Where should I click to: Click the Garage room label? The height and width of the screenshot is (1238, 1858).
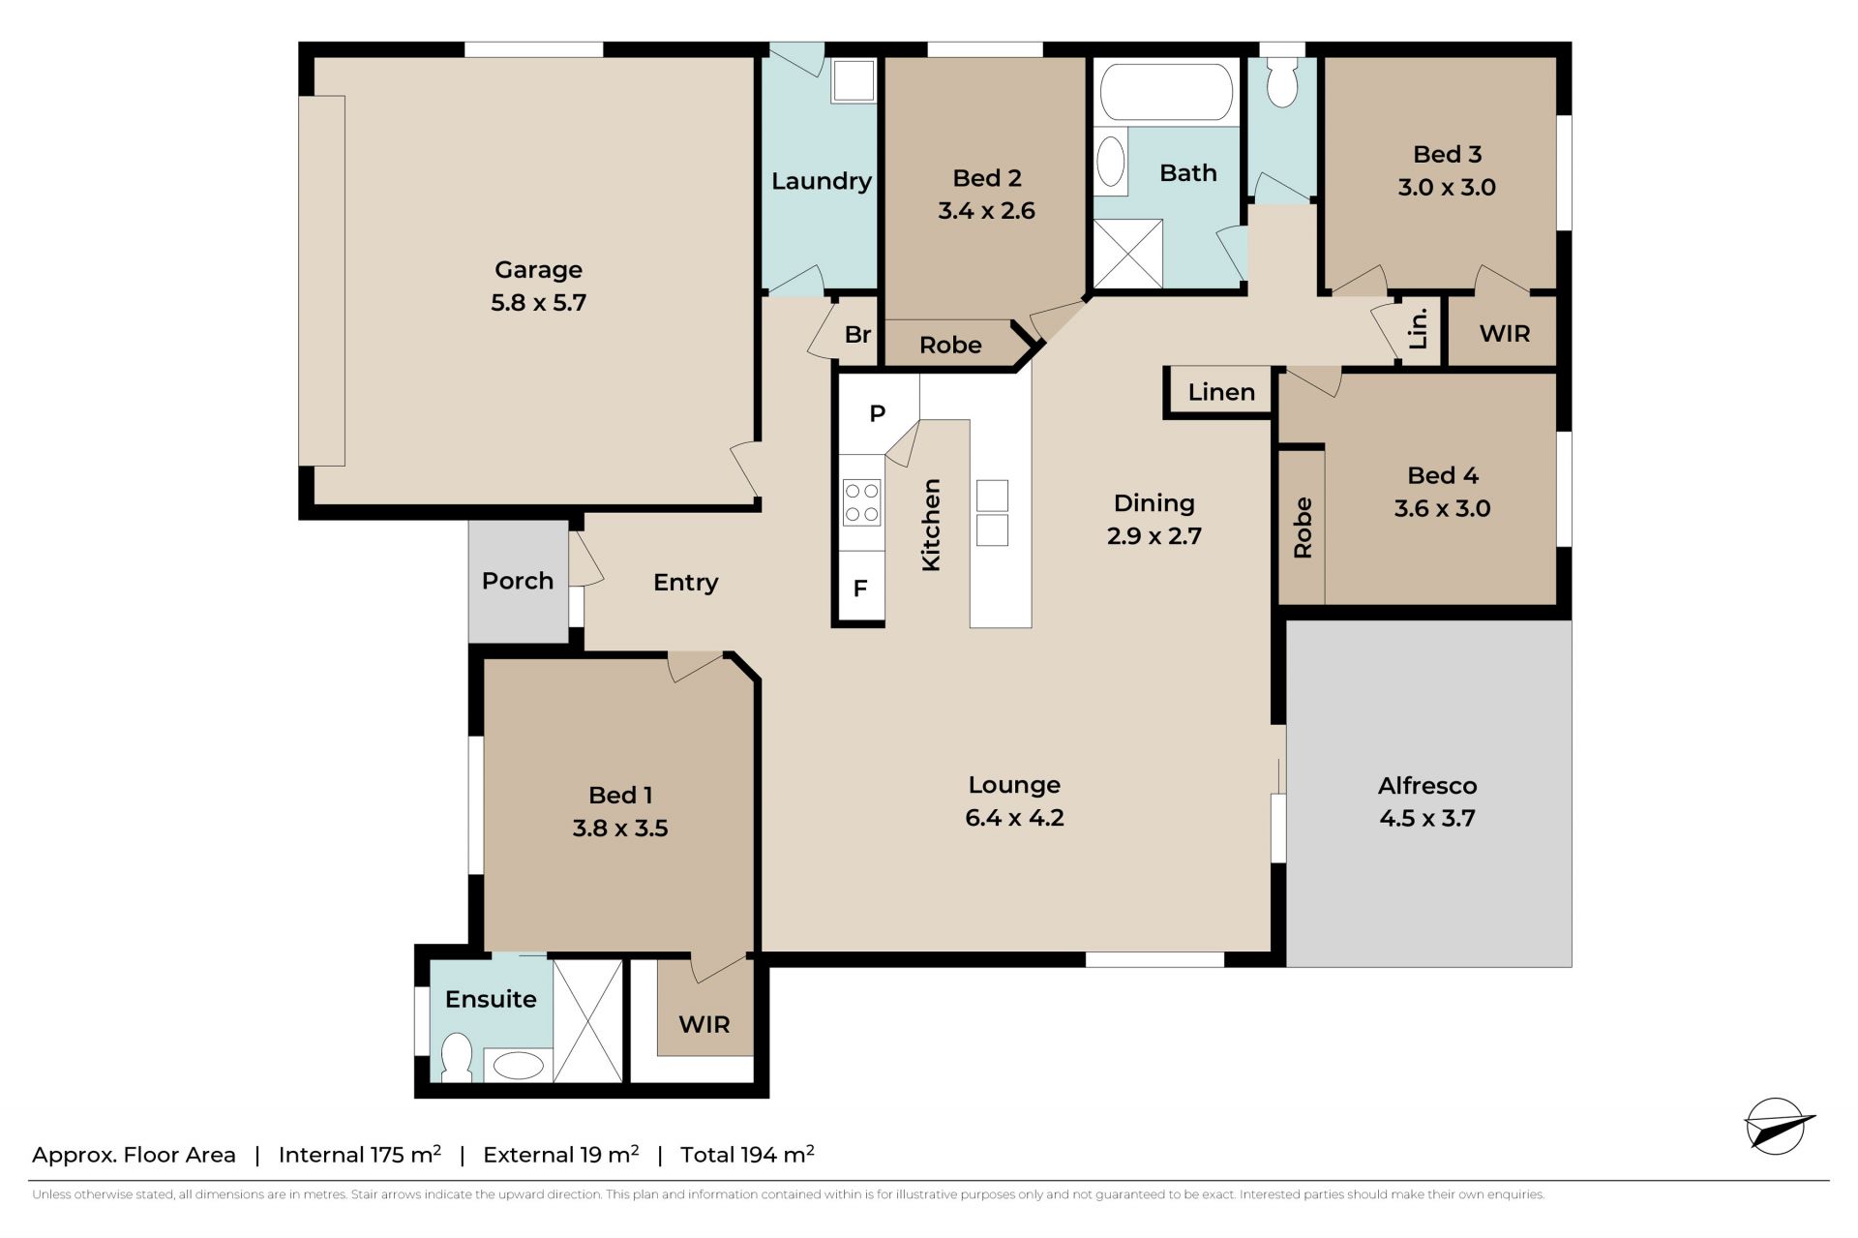point(538,270)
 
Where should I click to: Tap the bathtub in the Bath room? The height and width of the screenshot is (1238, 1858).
point(1166,92)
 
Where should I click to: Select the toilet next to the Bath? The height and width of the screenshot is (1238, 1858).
point(1281,80)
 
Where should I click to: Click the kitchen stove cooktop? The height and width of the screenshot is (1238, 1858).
point(861,502)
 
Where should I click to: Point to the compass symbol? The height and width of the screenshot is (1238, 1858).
point(1778,1127)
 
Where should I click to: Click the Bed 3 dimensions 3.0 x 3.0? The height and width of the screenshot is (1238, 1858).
point(1447,188)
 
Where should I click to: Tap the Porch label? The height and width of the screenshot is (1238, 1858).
point(518,581)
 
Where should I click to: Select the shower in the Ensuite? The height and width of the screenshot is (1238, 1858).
point(587,1020)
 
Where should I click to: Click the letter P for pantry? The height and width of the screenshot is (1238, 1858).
point(878,413)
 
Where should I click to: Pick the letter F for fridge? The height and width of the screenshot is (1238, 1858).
point(860,589)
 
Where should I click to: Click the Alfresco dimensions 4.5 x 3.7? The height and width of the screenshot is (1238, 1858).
point(1427,819)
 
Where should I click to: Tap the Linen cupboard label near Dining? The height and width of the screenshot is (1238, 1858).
point(1221,392)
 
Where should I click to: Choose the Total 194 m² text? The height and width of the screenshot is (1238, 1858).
point(747,1154)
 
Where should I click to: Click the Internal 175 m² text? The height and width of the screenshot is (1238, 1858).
point(360,1154)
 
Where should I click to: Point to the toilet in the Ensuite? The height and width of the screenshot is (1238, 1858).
point(456,1058)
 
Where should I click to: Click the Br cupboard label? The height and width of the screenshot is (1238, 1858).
point(857,335)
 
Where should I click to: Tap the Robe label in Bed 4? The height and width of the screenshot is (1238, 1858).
point(1303,528)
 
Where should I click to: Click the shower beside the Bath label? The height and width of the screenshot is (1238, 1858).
point(1127,254)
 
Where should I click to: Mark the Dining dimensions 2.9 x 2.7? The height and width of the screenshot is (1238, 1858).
point(1154,536)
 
